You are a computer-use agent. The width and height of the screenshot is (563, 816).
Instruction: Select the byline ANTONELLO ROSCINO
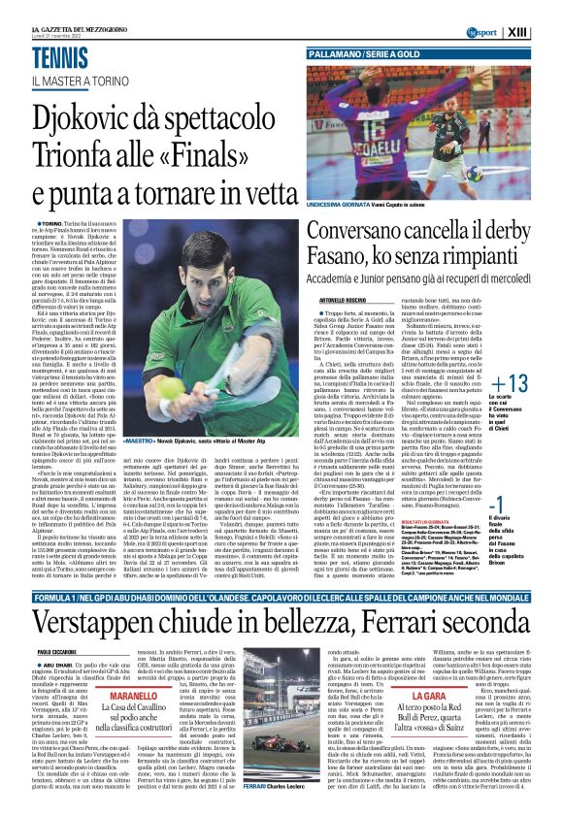click(x=335, y=274)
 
